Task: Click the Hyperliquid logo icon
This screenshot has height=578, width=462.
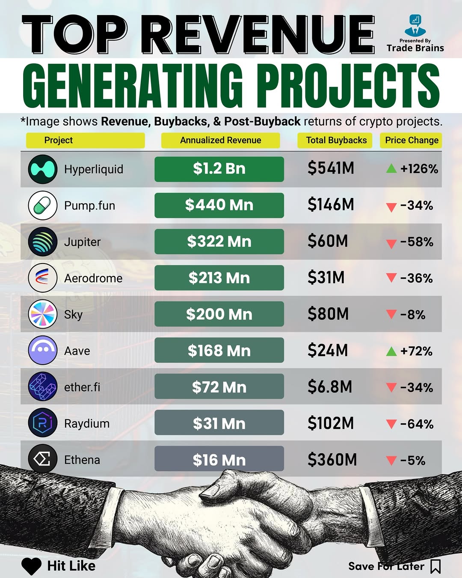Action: [43, 169]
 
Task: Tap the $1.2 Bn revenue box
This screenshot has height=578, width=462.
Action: [219, 169]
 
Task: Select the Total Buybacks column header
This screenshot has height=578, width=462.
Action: [336, 140]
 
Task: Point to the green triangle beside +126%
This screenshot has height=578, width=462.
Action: [391, 168]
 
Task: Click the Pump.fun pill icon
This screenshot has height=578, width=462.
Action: [43, 206]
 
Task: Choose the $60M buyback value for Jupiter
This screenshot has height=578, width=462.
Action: [328, 241]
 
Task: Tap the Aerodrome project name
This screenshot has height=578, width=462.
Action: [93, 279]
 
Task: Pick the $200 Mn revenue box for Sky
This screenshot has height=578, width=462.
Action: [219, 314]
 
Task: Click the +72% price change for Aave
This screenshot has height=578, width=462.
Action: [416, 351]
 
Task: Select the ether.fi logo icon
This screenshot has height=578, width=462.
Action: [43, 386]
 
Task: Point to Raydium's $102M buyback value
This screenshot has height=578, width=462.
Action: [331, 423]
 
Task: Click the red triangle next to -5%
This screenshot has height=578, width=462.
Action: [391, 461]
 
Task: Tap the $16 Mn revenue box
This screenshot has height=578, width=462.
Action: [219, 459]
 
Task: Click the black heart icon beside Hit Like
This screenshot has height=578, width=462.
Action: [31, 566]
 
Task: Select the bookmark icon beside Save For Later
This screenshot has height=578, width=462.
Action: [435, 566]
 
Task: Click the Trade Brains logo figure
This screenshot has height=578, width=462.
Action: [415, 26]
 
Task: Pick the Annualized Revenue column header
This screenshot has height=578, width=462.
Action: [220, 140]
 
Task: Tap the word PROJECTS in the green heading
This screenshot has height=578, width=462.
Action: [348, 86]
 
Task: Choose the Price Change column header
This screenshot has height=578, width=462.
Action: [412, 140]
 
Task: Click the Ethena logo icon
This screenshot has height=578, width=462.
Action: [43, 459]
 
